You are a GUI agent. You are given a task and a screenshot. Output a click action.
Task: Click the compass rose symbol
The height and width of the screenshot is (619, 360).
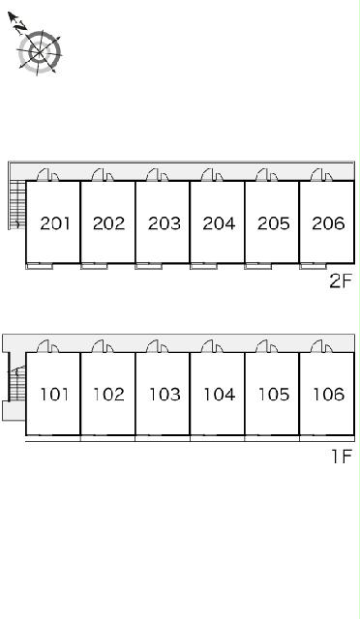(39, 51)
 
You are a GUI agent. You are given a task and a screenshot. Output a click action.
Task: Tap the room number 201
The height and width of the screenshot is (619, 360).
(55, 223)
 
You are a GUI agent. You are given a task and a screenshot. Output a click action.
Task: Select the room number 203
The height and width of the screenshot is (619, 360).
(165, 223)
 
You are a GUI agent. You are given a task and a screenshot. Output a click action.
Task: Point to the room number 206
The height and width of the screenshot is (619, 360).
(328, 223)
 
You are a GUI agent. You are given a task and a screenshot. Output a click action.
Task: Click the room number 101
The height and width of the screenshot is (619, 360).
(55, 394)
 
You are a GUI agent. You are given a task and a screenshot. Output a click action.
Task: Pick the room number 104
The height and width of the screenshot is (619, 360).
(220, 394)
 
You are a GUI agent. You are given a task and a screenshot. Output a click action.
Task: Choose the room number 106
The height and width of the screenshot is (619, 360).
(329, 394)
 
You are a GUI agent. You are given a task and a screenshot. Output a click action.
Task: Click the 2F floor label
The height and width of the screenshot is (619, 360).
(341, 281)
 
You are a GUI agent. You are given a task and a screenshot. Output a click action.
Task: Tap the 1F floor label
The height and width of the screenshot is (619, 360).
(342, 457)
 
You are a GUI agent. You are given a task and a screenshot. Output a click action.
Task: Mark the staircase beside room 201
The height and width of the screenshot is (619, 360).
(17, 205)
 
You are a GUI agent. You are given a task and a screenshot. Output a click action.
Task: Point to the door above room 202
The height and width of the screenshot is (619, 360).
(103, 174)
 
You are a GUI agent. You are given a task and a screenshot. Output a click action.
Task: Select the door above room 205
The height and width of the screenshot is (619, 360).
(267, 174)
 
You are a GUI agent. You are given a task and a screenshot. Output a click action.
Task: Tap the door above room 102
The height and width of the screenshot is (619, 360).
(103, 346)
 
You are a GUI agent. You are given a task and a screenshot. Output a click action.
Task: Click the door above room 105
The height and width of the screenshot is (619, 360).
(267, 346)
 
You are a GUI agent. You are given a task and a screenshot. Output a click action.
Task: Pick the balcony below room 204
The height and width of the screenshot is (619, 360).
(203, 266)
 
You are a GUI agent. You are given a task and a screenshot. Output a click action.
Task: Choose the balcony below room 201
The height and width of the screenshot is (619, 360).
(40, 266)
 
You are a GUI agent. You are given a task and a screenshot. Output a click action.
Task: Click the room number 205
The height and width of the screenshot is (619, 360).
(274, 223)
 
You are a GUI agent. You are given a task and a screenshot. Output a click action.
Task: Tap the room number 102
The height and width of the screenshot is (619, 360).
(109, 394)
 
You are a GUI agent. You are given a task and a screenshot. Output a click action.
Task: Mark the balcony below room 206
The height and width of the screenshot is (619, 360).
(313, 266)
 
